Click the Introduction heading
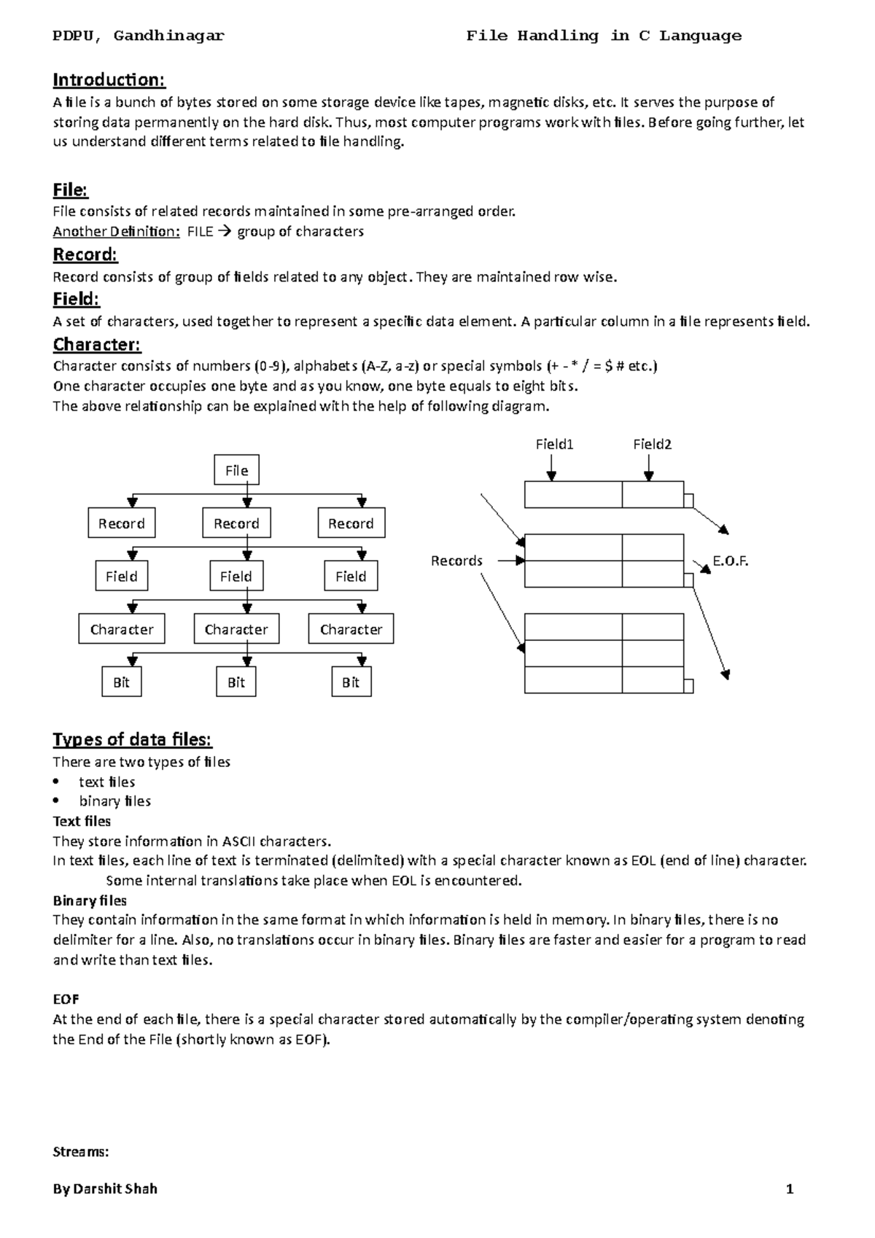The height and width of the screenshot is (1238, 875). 109,79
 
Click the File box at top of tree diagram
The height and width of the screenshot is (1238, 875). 236,470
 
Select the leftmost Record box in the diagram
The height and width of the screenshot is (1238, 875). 122,523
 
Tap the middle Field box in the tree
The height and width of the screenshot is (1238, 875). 236,576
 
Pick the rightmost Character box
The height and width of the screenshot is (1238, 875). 351,629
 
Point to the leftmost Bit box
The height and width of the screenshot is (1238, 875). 121,682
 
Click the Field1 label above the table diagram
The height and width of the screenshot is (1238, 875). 554,444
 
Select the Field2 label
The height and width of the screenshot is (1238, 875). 652,444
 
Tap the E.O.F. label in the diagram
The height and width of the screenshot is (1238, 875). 731,561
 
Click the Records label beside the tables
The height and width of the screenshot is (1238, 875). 456,561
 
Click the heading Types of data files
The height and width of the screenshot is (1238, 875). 132,739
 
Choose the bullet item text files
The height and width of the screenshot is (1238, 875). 107,782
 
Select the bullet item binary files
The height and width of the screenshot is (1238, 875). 115,801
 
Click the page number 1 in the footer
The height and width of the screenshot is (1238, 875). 790,1189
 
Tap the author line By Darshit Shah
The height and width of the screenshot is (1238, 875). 105,1189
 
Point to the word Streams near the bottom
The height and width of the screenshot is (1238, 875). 81,1152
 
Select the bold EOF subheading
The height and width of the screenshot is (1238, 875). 66,999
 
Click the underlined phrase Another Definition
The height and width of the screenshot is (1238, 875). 116,232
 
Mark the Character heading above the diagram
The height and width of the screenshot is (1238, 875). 97,344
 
